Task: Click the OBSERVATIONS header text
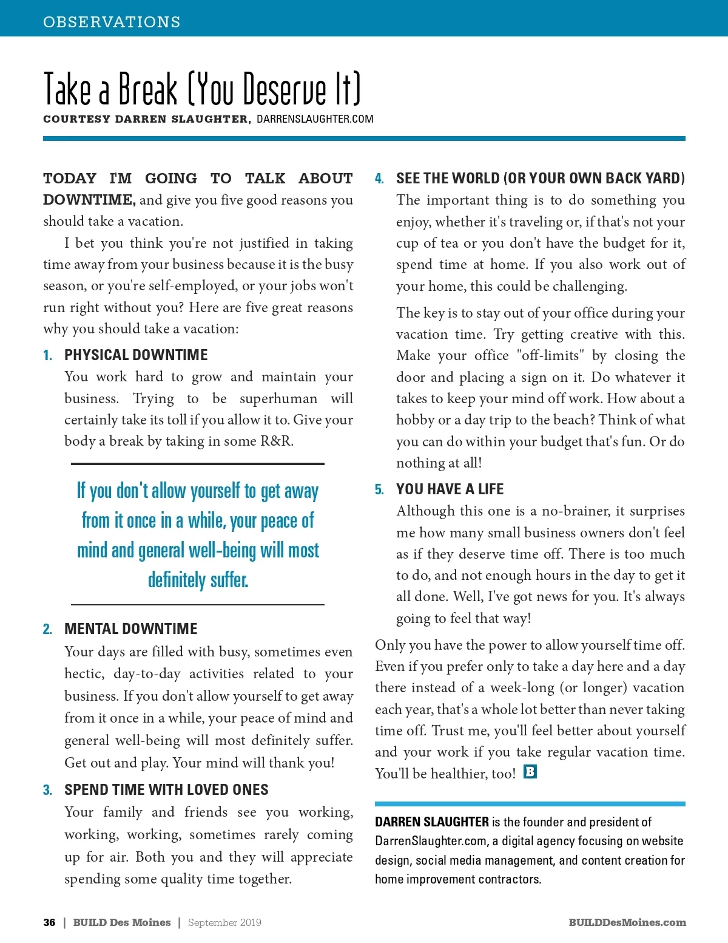[112, 22]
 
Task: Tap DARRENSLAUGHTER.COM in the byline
[315, 119]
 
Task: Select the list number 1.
[47, 355]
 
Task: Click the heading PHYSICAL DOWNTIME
[136, 355]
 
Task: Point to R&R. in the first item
[277, 441]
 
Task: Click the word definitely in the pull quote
[177, 580]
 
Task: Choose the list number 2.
[47, 629]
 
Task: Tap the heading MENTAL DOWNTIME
[131, 628]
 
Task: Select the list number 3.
[47, 790]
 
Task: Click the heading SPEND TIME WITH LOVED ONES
[166, 789]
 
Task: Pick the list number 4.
[379, 179]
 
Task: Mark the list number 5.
[379, 489]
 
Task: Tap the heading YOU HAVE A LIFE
[450, 489]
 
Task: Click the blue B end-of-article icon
[530, 772]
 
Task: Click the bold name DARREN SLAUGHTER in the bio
[431, 822]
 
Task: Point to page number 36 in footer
[49, 922]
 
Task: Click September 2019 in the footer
[224, 922]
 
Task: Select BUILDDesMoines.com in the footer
[627, 922]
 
